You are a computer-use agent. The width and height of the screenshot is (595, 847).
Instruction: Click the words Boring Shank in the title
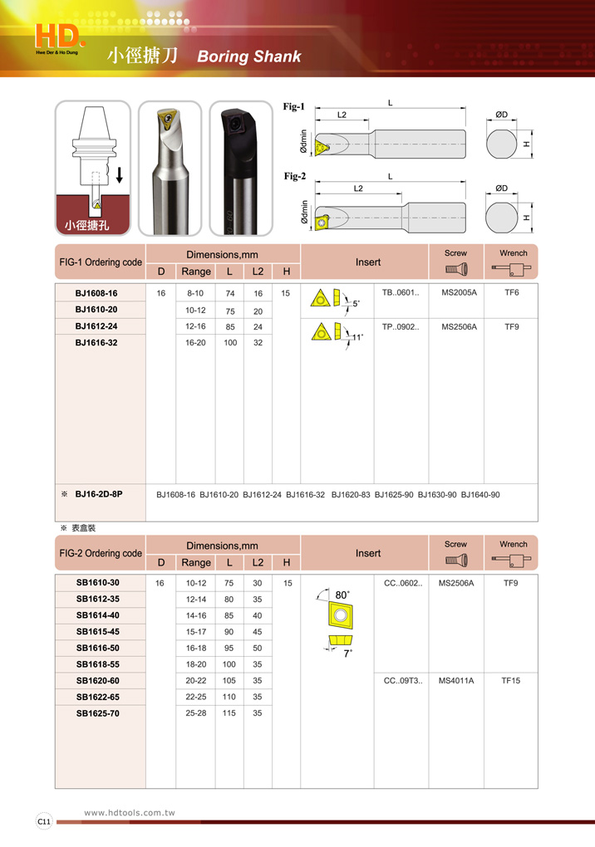(x=248, y=57)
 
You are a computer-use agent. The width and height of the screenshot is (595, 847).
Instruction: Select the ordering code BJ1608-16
(x=96, y=293)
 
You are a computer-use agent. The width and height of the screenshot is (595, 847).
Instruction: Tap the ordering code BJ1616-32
(x=96, y=342)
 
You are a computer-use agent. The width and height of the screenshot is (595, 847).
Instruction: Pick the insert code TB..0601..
(x=401, y=293)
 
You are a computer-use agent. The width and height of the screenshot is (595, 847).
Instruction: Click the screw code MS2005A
(x=459, y=293)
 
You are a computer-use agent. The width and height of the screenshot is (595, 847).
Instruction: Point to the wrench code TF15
(x=510, y=681)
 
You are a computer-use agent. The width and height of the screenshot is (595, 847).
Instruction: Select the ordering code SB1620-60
(x=98, y=681)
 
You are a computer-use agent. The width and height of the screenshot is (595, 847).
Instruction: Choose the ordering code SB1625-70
(x=98, y=713)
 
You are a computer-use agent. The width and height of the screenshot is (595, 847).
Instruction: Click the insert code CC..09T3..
(x=403, y=681)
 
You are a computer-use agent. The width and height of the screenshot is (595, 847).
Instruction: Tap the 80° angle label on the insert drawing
(x=342, y=595)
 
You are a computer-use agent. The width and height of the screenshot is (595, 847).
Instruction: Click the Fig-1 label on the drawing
(x=294, y=106)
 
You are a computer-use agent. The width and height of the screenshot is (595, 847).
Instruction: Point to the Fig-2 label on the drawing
(x=294, y=176)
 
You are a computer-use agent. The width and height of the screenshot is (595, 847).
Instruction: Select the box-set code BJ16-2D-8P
(x=98, y=494)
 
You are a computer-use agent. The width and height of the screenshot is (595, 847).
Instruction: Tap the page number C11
(x=43, y=821)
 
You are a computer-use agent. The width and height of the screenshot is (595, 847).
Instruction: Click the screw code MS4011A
(x=456, y=681)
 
